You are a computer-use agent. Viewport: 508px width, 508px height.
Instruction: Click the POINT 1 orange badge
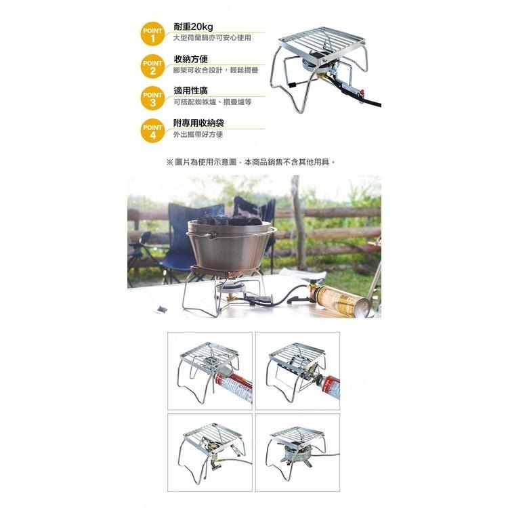click(x=152, y=34)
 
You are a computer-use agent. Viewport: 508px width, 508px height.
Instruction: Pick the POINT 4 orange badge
click(x=152, y=130)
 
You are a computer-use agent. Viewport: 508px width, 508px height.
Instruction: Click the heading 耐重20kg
click(x=194, y=26)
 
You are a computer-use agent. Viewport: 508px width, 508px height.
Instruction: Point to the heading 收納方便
click(x=190, y=59)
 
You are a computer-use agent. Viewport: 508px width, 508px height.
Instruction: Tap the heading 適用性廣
click(x=190, y=91)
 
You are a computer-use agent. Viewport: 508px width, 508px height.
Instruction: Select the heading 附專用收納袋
click(x=199, y=123)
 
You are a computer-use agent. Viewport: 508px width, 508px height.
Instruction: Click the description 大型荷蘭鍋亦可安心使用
click(x=212, y=38)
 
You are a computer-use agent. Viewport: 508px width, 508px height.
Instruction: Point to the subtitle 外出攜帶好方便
click(x=198, y=134)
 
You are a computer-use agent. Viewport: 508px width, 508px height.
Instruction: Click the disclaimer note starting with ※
click(x=251, y=163)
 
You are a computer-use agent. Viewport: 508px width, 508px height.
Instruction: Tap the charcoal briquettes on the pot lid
click(x=230, y=220)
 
